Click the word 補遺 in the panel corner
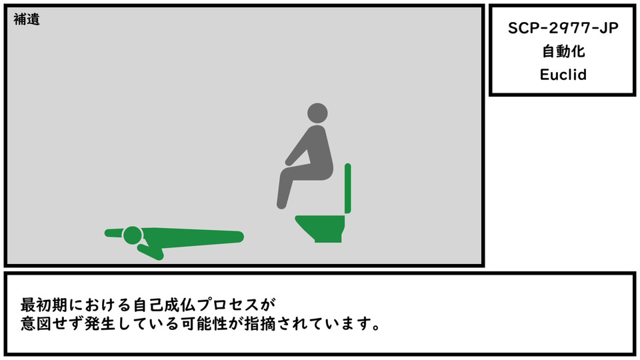(x=27, y=19)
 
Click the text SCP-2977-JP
(x=563, y=28)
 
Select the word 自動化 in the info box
(x=563, y=51)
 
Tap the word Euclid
(x=563, y=75)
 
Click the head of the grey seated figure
(x=317, y=113)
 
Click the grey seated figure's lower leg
(x=285, y=190)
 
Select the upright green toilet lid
(x=348, y=188)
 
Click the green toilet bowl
(x=321, y=228)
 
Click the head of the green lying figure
(x=133, y=235)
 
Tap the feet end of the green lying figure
(x=237, y=236)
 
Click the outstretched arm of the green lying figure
(x=114, y=233)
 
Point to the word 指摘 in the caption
(x=259, y=324)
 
